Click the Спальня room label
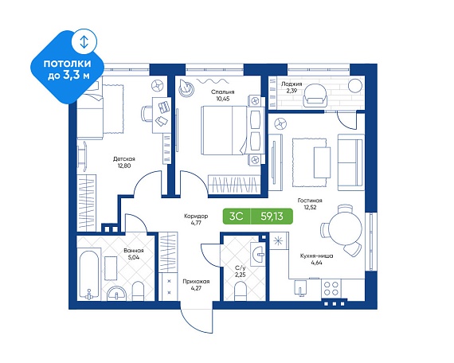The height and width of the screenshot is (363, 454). coord(222,92)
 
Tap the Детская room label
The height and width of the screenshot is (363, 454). coord(124,159)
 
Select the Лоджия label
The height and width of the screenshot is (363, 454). coord(292,84)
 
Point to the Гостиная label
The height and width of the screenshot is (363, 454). coord(310,201)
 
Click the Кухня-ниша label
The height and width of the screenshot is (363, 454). coord(316,256)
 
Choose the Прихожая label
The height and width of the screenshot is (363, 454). coord(196,281)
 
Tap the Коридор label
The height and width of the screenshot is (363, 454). coord(196,217)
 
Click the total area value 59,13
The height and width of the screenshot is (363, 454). coord(272,217)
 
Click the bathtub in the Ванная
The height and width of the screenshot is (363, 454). coord(88,275)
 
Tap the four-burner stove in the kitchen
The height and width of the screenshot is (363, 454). coord(331,288)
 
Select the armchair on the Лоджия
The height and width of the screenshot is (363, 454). coord(315,95)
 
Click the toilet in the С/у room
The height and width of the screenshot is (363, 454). coord(240,291)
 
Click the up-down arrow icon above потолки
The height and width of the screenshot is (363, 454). coord(84,41)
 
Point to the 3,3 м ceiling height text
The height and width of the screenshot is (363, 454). coord(76,76)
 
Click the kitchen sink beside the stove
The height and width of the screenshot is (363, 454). coord(300,288)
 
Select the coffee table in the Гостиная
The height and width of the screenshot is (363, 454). coord(323,162)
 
